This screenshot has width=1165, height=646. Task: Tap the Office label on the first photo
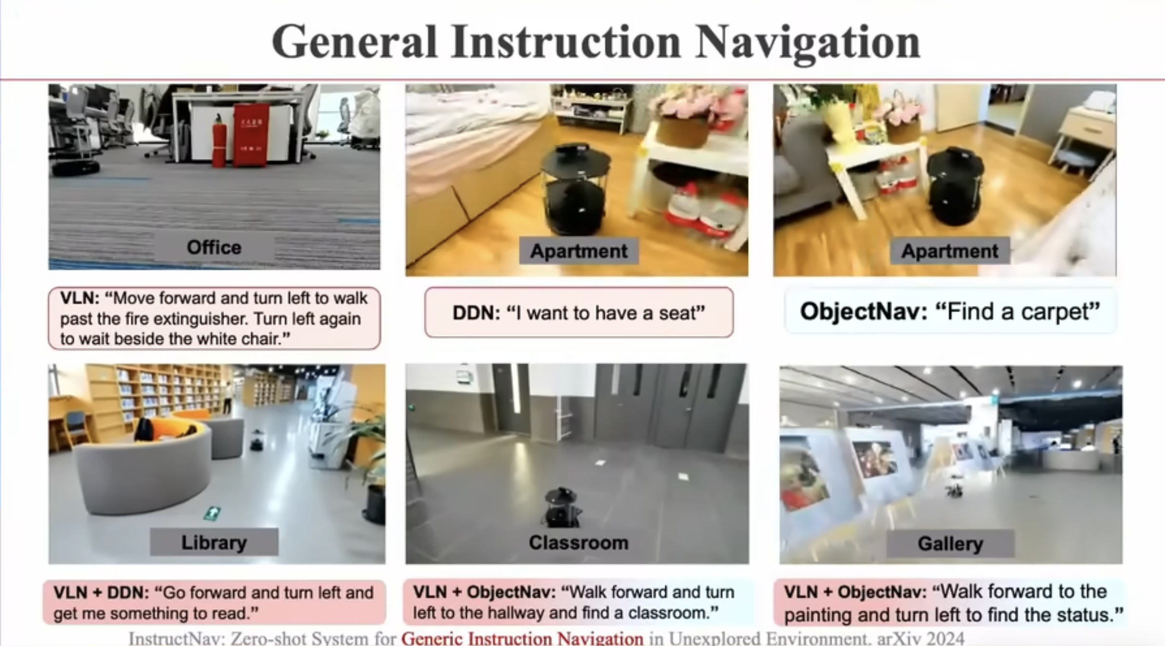click(x=214, y=247)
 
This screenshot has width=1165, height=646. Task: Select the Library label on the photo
click(x=214, y=542)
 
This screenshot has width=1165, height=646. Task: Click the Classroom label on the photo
click(x=579, y=543)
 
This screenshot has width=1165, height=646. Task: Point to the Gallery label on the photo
click(x=950, y=544)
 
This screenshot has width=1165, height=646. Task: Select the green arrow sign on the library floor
click(x=212, y=513)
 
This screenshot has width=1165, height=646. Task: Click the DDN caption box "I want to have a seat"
click(x=579, y=313)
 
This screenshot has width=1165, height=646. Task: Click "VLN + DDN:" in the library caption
click(x=101, y=592)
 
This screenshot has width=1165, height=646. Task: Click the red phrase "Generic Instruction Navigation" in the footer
click(x=523, y=638)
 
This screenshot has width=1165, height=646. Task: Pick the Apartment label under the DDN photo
click(x=579, y=251)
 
